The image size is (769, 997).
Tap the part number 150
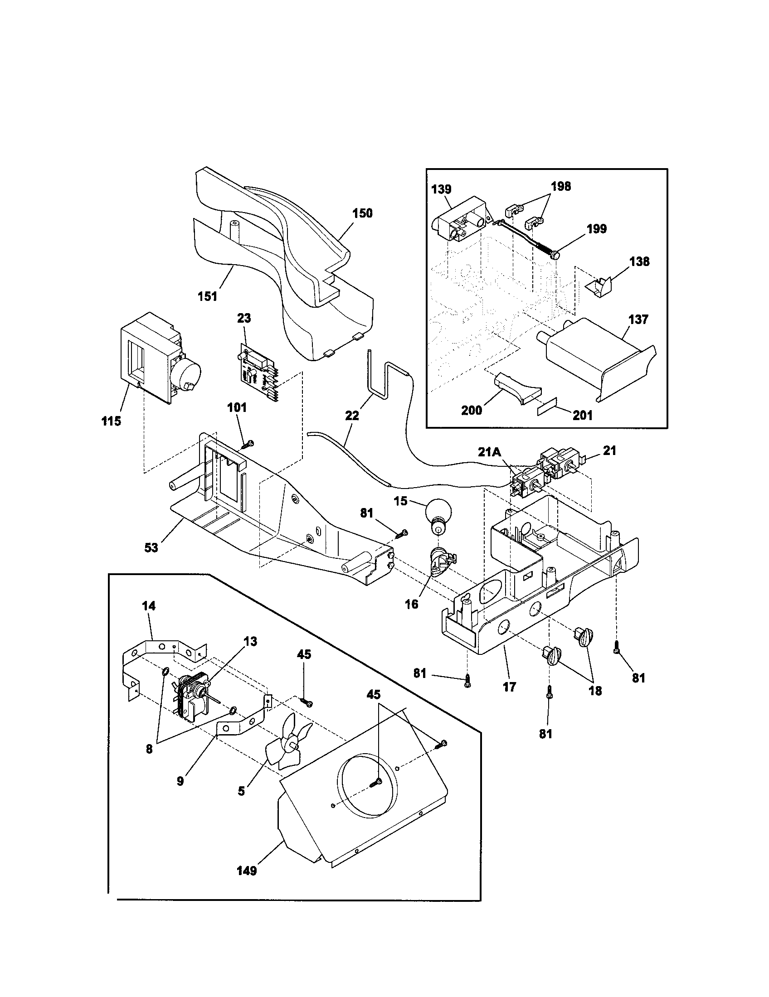(362, 213)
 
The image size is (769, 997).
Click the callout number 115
(111, 421)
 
